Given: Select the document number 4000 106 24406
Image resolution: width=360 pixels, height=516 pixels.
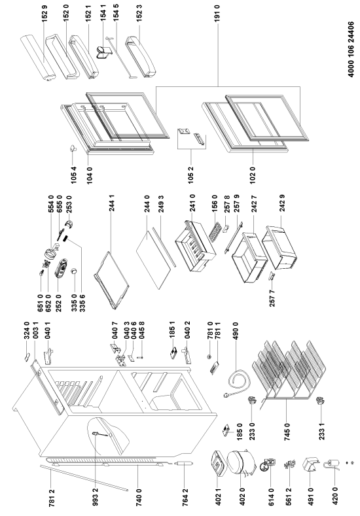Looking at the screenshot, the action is click(x=351, y=49).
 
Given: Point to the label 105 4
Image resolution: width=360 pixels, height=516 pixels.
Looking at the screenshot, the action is click(x=74, y=175).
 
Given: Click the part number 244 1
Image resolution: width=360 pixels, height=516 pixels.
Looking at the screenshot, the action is click(x=112, y=203).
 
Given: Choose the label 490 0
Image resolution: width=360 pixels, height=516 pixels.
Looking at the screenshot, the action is click(x=236, y=331).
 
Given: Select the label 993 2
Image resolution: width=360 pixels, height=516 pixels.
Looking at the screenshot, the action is click(x=96, y=496).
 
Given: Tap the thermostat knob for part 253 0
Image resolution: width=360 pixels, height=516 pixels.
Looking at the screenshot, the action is click(x=69, y=225).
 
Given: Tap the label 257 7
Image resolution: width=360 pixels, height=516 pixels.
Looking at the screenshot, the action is click(x=272, y=298).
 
